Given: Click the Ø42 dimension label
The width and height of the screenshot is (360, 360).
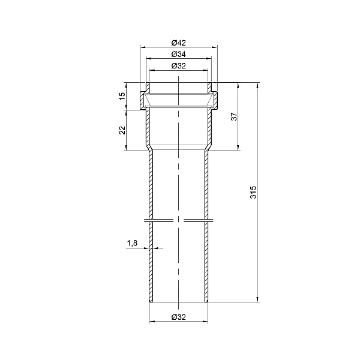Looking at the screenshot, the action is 178,43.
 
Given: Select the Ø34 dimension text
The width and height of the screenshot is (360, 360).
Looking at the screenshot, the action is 178,55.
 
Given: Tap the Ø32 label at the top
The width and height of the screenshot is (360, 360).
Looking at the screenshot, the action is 178,66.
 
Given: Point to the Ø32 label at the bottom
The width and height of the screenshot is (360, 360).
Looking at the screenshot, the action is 178,317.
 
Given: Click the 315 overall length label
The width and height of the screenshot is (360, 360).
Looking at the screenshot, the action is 253,192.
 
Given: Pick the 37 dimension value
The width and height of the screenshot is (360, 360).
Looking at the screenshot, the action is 234,116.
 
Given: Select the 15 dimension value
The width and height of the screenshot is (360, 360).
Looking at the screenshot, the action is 122,96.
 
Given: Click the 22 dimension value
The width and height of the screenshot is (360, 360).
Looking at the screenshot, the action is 122,130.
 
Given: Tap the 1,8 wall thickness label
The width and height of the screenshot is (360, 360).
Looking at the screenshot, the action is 132,243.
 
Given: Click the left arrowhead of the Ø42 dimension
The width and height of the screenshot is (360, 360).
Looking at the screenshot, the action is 143,47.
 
